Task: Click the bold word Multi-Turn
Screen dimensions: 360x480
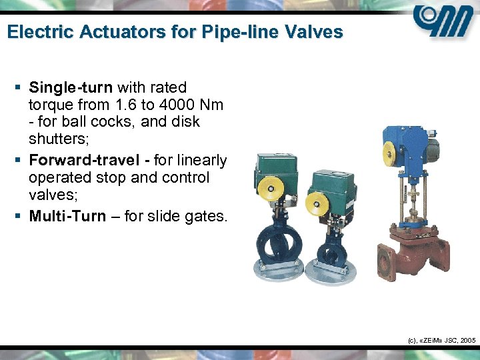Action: [x=67, y=217]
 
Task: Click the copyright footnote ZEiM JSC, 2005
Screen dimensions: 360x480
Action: [x=441, y=340]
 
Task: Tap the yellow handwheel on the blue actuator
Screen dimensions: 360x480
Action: [x=391, y=153]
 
